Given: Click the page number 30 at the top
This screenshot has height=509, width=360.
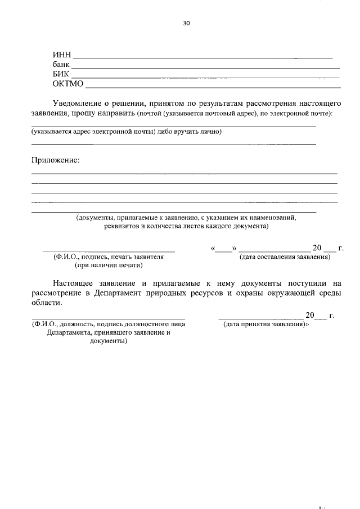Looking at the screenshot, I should (x=187, y=24).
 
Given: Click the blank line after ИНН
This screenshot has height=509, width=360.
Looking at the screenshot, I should (x=202, y=58).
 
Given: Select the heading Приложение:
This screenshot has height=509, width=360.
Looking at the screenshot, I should (x=55, y=160).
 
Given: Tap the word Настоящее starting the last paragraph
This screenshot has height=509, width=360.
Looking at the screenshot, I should (x=74, y=283).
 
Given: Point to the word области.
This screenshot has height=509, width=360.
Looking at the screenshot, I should (x=44, y=303).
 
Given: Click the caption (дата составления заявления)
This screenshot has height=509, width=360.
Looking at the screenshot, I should (x=285, y=258).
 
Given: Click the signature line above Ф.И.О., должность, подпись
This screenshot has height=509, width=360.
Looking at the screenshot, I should (x=108, y=318).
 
